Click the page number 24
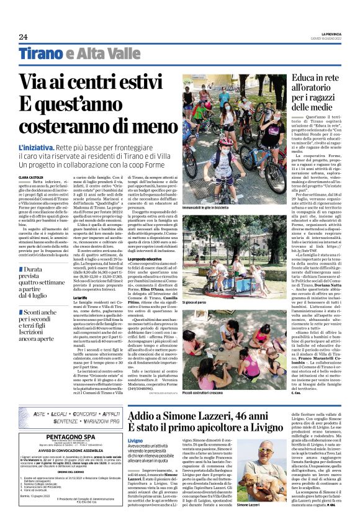coord(23,37)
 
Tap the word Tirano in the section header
coord(41,54)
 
